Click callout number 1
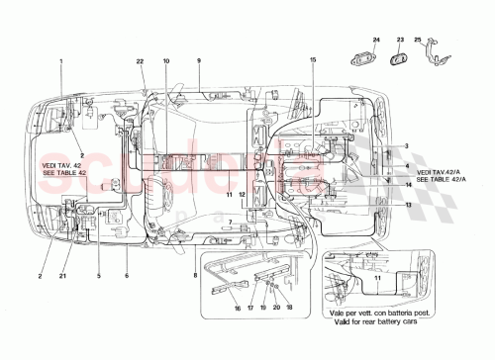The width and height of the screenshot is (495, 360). pyautogui.click(x=61, y=62)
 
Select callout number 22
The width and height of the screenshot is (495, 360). pyautogui.click(x=141, y=62)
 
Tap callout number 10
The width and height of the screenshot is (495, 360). pyautogui.click(x=166, y=62)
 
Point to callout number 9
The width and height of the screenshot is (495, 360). pyautogui.click(x=198, y=62)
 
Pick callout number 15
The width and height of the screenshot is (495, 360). pyautogui.click(x=312, y=62)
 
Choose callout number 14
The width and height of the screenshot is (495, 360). pyautogui.click(x=408, y=185)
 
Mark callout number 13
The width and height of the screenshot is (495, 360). pyautogui.click(x=408, y=206)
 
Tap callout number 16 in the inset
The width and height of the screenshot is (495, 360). pyautogui.click(x=238, y=308)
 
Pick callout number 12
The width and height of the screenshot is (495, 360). pyautogui.click(x=243, y=195)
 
